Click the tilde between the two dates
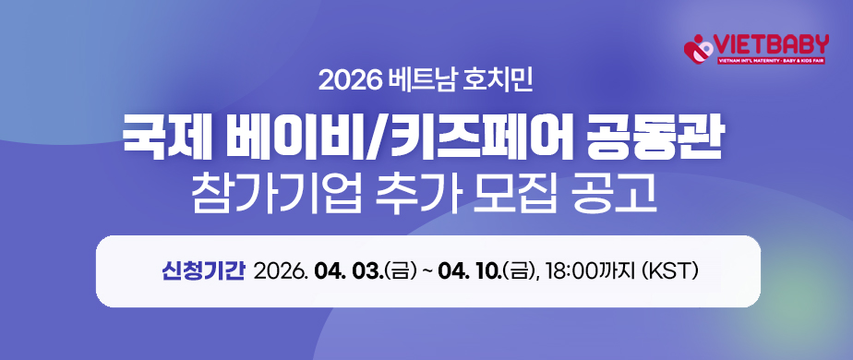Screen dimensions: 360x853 coord(426,271)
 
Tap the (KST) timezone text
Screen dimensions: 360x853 coord(670,271)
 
